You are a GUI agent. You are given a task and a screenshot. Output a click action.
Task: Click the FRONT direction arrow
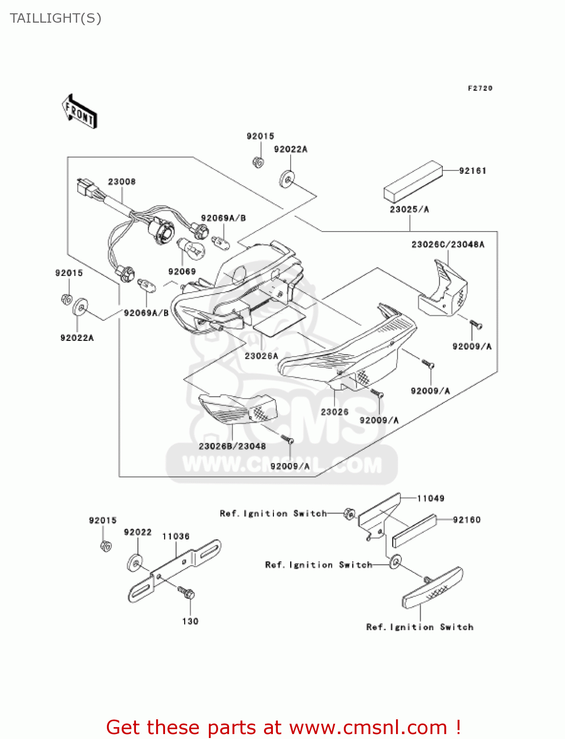tap(79, 112)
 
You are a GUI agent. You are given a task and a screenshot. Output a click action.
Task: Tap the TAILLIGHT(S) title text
tap(56, 18)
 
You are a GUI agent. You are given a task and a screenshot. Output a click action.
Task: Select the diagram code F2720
tap(480, 88)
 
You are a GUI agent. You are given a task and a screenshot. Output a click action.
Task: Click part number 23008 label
tap(122, 182)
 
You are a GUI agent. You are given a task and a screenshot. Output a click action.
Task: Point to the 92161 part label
tap(472, 171)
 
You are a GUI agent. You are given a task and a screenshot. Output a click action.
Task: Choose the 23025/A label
tap(409, 209)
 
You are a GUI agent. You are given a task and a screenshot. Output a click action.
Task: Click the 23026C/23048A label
tap(448, 244)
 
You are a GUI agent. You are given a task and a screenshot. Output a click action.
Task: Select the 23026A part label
tap(261, 356)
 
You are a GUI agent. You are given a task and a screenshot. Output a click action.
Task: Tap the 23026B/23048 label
tap(232, 446)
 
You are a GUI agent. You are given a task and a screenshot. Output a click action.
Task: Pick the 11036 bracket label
tap(176, 537)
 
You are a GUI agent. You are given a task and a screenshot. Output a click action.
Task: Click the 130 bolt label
tap(190, 621)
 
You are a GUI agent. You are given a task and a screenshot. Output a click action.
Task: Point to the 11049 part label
tap(431, 499)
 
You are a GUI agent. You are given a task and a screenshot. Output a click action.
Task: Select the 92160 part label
tap(466, 520)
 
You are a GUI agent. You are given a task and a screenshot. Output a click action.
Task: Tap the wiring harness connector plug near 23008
tap(86, 188)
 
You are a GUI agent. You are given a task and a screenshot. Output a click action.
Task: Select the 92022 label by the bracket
tap(137, 533)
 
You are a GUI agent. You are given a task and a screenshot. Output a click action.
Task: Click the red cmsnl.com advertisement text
tap(283, 727)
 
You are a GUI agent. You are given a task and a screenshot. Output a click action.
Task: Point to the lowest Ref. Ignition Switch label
tap(420, 627)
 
